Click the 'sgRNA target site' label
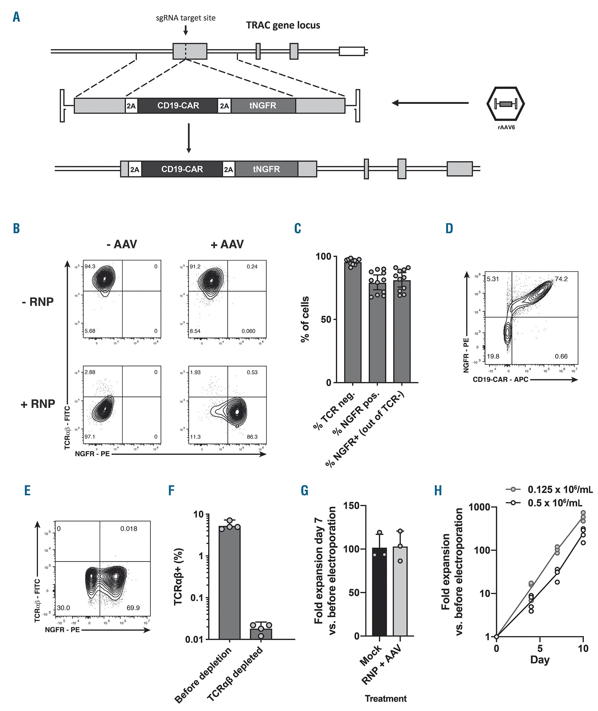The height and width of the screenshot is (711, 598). coord(185,18)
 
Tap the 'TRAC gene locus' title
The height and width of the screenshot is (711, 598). coord(283,25)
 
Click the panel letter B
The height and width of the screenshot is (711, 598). coord(16,228)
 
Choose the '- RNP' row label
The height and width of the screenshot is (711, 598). coord(38,302)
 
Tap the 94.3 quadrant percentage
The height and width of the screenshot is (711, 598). coord(90,267)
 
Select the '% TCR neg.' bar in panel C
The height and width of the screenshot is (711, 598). coord(353,322)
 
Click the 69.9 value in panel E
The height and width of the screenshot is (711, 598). coord(133,608)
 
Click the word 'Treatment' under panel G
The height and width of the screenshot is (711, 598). coord(385,698)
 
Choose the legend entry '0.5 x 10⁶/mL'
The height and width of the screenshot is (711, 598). coord(555,503)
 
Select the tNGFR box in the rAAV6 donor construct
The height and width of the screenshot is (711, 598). coord(263,106)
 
